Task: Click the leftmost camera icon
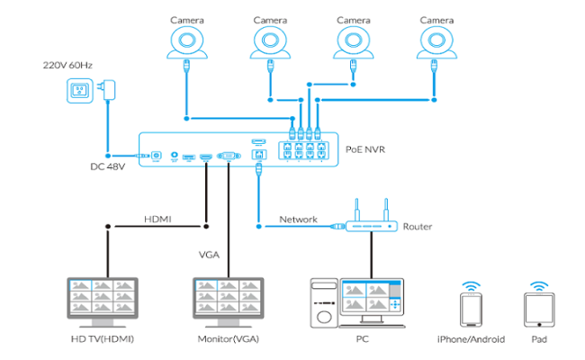(187, 41)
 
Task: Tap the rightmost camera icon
(437, 41)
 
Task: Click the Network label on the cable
(298, 219)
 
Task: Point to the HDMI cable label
(158, 219)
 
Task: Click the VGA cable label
(209, 255)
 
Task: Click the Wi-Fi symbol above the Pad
(538, 285)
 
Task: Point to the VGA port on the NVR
(228, 157)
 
